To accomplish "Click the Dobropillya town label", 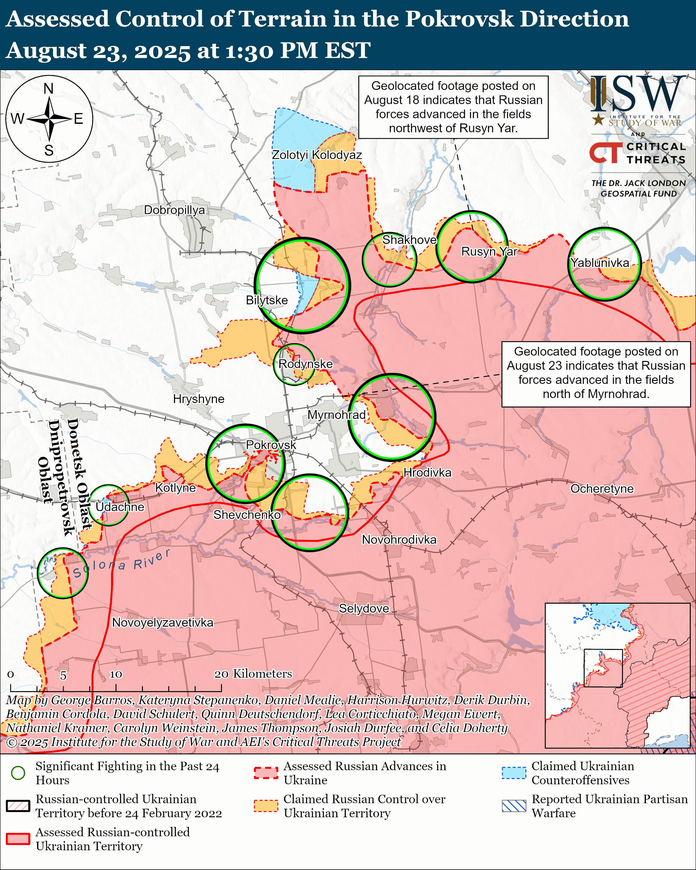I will click(x=174, y=210).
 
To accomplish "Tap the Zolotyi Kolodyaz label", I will click(x=316, y=155).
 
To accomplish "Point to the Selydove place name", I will click(x=364, y=608).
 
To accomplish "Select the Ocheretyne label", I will click(x=602, y=489).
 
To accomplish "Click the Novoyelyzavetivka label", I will click(x=163, y=622).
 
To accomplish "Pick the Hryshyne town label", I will click(x=199, y=399).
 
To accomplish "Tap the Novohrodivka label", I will click(x=399, y=539).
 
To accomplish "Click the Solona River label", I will click(x=121, y=563).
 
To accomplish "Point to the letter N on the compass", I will click(x=48, y=88).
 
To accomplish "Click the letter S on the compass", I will click(x=49, y=151).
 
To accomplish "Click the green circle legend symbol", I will click(x=18, y=773).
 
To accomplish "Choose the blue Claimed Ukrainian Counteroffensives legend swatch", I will click(x=514, y=773).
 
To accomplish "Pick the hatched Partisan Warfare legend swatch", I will click(x=514, y=806).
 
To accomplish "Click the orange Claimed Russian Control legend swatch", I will click(x=266, y=806).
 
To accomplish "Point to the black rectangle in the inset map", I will click(x=603, y=668).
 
